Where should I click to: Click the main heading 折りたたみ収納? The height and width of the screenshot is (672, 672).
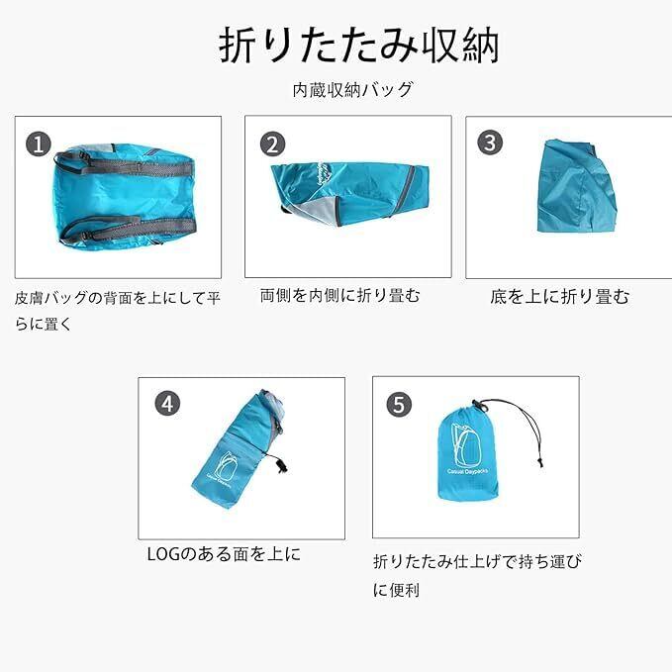pyautogui.click(x=359, y=45)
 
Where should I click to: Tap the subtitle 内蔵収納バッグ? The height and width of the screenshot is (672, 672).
pyautogui.click(x=352, y=90)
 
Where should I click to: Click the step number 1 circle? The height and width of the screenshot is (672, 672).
pyautogui.click(x=39, y=144)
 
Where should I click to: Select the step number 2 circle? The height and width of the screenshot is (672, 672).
pyautogui.click(x=272, y=144)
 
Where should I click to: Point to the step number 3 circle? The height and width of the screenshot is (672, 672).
pyautogui.click(x=490, y=142)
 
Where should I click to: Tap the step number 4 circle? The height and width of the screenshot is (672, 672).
pyautogui.click(x=167, y=404)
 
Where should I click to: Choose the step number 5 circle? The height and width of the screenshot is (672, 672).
pyautogui.click(x=399, y=404)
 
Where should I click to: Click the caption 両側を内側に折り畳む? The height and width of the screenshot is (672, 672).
pyautogui.click(x=340, y=296)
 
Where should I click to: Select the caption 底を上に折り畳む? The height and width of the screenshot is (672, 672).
pyautogui.click(x=560, y=297)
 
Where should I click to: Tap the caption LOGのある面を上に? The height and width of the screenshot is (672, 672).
pyautogui.click(x=224, y=554)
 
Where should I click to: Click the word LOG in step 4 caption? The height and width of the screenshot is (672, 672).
pyautogui.click(x=164, y=554)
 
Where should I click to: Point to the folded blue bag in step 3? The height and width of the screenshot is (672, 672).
pyautogui.click(x=576, y=187)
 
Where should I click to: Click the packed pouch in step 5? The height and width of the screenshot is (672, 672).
pyautogui.click(x=467, y=453)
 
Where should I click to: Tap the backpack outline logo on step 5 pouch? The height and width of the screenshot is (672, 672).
pyautogui.click(x=465, y=446)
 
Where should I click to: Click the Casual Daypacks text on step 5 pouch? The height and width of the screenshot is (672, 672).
pyautogui.click(x=467, y=471)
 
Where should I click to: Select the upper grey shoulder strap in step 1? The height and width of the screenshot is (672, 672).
pyautogui.click(x=125, y=165)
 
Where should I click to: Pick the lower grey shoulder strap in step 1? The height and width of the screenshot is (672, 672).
pyautogui.click(x=129, y=229)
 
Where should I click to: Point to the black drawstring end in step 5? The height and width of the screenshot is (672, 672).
pyautogui.click(x=540, y=461)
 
